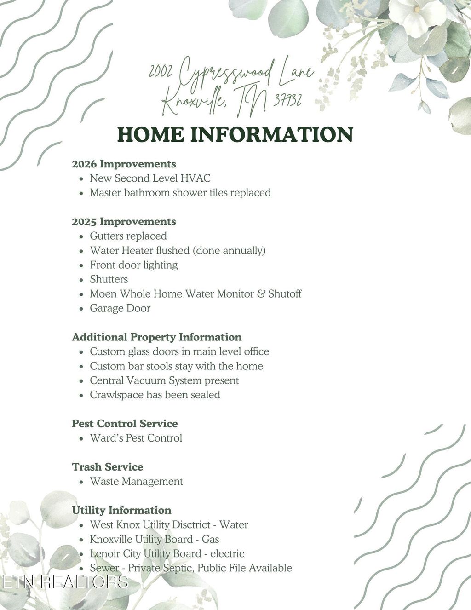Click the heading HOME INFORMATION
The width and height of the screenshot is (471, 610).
pos(235,134)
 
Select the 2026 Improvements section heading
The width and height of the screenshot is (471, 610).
pos(124,164)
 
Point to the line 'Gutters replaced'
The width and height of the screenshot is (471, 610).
pos(128,236)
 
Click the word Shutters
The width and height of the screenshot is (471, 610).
pos(109,279)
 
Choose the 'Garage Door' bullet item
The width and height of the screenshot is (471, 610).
pos(120,308)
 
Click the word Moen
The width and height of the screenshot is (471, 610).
pos(103,293)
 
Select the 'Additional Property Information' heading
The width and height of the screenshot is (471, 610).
pos(156,337)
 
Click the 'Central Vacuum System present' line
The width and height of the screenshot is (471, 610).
pos(164,380)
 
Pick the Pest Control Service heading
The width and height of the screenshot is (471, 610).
pos(124,424)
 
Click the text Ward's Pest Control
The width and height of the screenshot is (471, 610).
pos(136,438)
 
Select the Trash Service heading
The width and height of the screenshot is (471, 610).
pos(107,467)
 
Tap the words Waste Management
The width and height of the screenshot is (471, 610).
pos(136,481)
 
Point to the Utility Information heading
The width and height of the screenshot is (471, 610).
pos(121,510)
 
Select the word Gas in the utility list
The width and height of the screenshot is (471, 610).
pos(210,539)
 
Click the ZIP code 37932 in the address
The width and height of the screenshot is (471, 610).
pos(287,100)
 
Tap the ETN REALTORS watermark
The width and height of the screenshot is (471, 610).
pos(64,582)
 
